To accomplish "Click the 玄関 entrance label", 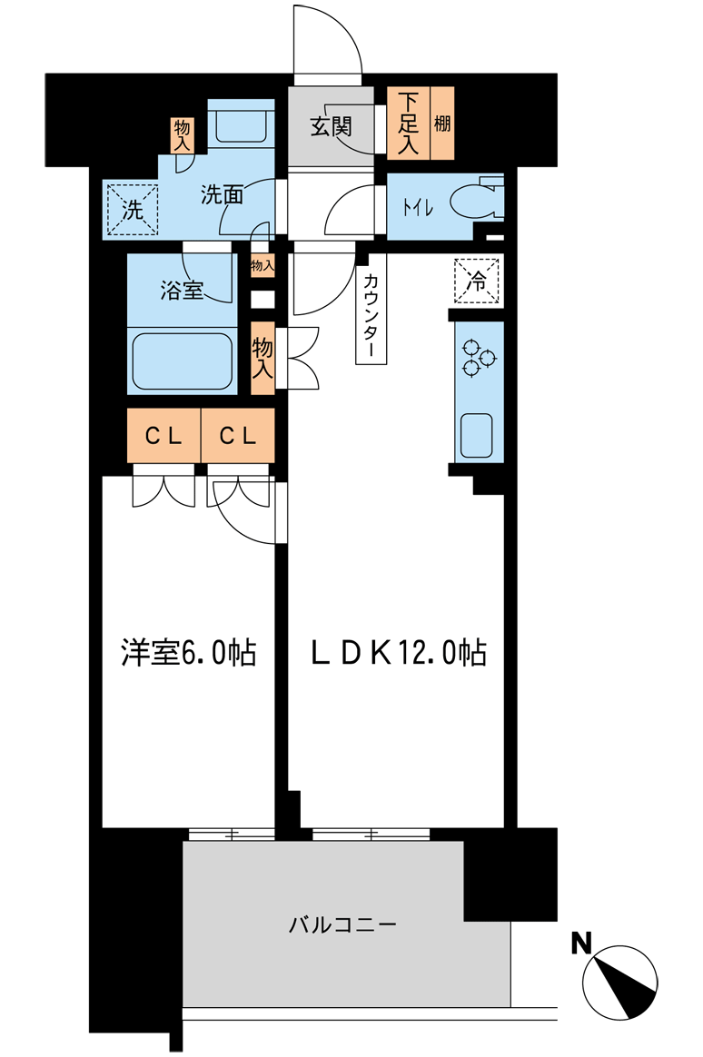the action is pos(332,126).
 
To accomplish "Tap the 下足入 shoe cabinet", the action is pos(408,123).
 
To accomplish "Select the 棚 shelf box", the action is pos(441,123).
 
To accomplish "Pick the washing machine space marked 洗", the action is pos(132,210).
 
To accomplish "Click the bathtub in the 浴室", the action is pos(182,361).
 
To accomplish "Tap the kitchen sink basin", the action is pos(477,435).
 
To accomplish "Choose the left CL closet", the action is pos(163,436).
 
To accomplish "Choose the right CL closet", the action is pos(238,436).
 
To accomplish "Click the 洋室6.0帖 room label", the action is pos(189,652).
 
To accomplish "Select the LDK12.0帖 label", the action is pos(399,652).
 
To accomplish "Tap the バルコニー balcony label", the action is pos(342,924).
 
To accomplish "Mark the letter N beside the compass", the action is pos(581,943).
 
